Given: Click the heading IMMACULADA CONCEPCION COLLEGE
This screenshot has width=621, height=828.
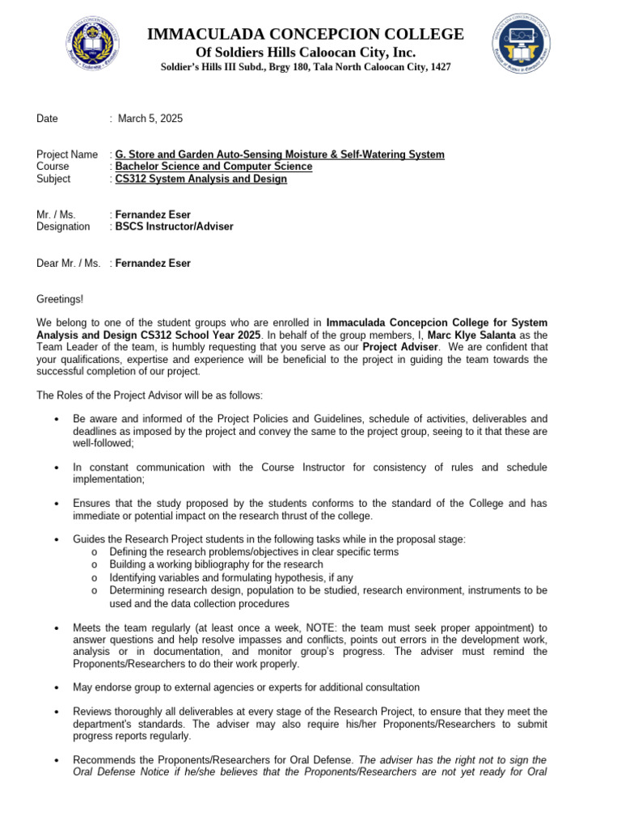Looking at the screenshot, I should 305,34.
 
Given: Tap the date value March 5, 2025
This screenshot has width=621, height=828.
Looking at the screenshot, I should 150,118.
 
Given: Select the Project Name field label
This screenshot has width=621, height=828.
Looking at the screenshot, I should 67,154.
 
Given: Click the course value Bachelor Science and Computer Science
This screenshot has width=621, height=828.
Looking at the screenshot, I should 213,167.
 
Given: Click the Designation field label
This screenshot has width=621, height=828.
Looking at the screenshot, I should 63,226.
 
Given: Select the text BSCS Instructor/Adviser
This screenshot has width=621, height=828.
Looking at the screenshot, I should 174,226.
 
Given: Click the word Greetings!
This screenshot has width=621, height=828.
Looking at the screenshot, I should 60,299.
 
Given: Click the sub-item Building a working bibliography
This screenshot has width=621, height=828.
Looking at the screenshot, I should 216,564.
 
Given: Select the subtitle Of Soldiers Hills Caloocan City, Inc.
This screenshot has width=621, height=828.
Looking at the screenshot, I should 305,52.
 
